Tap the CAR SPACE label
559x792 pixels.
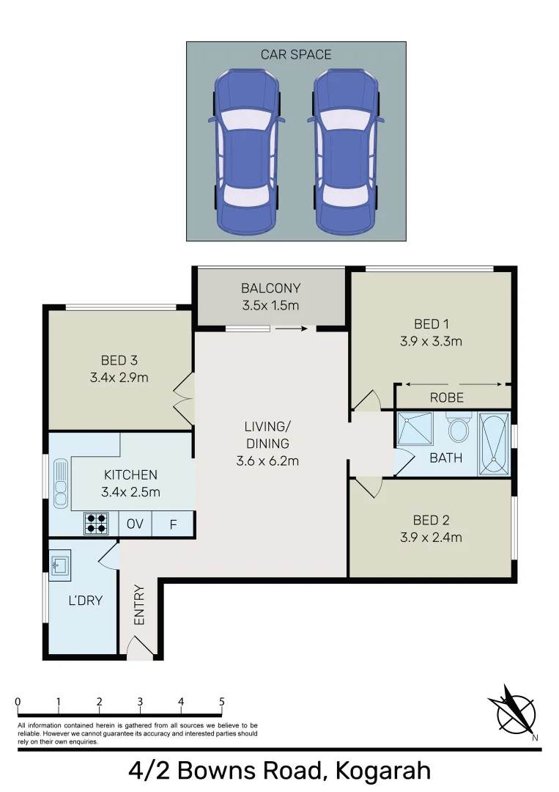[296, 54]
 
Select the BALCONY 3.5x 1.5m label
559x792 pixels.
[271, 297]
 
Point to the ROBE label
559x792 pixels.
[446, 398]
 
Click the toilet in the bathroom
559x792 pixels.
[459, 428]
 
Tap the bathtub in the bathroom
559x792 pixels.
[495, 444]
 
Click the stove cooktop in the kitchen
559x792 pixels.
[96, 523]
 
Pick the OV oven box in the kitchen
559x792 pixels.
[135, 524]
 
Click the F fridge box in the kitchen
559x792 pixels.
[174, 524]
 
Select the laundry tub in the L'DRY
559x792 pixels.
[60, 563]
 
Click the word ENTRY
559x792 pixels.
[140, 605]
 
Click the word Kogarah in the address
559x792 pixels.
[382, 771]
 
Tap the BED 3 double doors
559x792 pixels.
[183, 396]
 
